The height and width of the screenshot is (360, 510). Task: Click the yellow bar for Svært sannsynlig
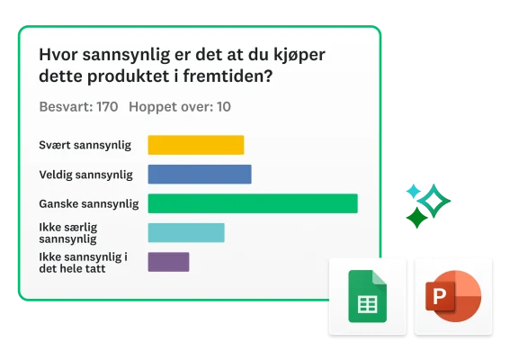195,145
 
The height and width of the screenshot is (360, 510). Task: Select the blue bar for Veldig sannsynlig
199,174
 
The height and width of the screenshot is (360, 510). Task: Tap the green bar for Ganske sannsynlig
252,203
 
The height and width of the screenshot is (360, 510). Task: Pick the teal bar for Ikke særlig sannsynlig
185,233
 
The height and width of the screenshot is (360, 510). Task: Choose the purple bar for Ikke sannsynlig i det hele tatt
168,262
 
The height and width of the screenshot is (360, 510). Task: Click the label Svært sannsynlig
85,145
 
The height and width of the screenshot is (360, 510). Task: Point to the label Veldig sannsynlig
86,174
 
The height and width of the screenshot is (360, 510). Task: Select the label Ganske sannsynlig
89,203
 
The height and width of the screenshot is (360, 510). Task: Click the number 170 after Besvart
107,107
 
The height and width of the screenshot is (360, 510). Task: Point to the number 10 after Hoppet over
224,107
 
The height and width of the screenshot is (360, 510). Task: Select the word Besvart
66,107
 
